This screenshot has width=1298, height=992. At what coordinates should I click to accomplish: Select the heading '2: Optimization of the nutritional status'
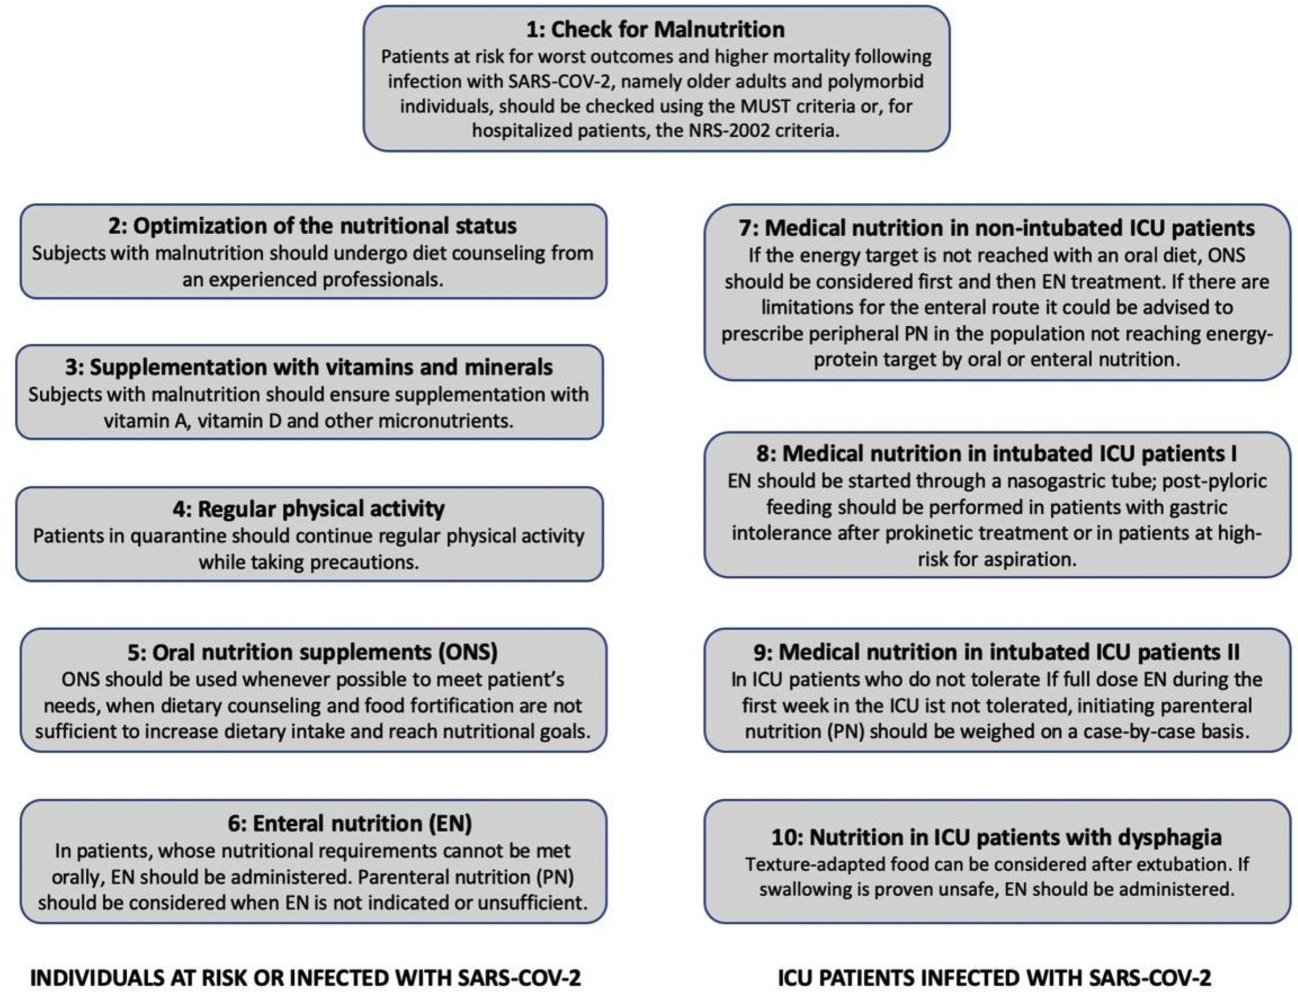(312, 226)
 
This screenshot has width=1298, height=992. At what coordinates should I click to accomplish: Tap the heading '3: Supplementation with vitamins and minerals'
(309, 367)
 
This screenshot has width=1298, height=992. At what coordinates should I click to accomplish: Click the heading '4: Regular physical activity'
(309, 508)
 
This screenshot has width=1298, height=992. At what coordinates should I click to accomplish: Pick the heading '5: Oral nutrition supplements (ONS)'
(312, 652)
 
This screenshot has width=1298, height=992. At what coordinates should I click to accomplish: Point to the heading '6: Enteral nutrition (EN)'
(349, 823)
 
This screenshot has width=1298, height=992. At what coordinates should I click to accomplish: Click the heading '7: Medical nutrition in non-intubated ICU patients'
(997, 228)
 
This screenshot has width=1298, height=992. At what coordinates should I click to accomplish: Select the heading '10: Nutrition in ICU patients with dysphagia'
(997, 837)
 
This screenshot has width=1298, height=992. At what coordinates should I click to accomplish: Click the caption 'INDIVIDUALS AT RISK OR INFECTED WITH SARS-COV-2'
(305, 977)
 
